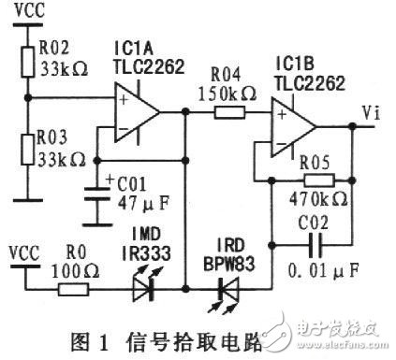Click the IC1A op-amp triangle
pyautogui.click(x=137, y=111)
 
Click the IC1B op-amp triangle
pyautogui.click(x=294, y=125)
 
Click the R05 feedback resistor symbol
pyautogui.click(x=317, y=181)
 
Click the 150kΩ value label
pyautogui.click(x=225, y=94)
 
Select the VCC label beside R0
pyautogui.click(x=24, y=252)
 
